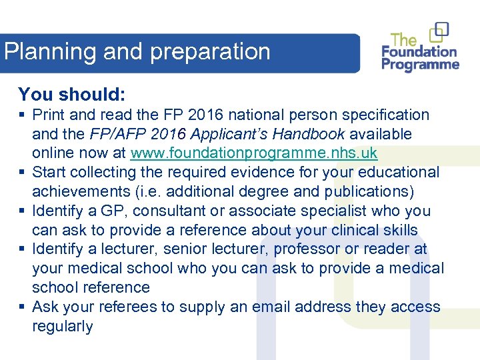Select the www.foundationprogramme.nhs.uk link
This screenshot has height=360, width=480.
click(254, 153)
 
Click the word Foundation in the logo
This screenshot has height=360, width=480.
click(419, 51)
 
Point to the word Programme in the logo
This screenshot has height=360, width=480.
click(421, 65)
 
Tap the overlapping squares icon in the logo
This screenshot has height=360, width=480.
click(439, 31)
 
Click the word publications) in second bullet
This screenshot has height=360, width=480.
click(369, 192)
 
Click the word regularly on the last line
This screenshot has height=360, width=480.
click(63, 327)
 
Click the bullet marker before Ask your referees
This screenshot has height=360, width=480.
click(22, 307)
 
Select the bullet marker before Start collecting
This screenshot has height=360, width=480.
click(22, 173)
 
